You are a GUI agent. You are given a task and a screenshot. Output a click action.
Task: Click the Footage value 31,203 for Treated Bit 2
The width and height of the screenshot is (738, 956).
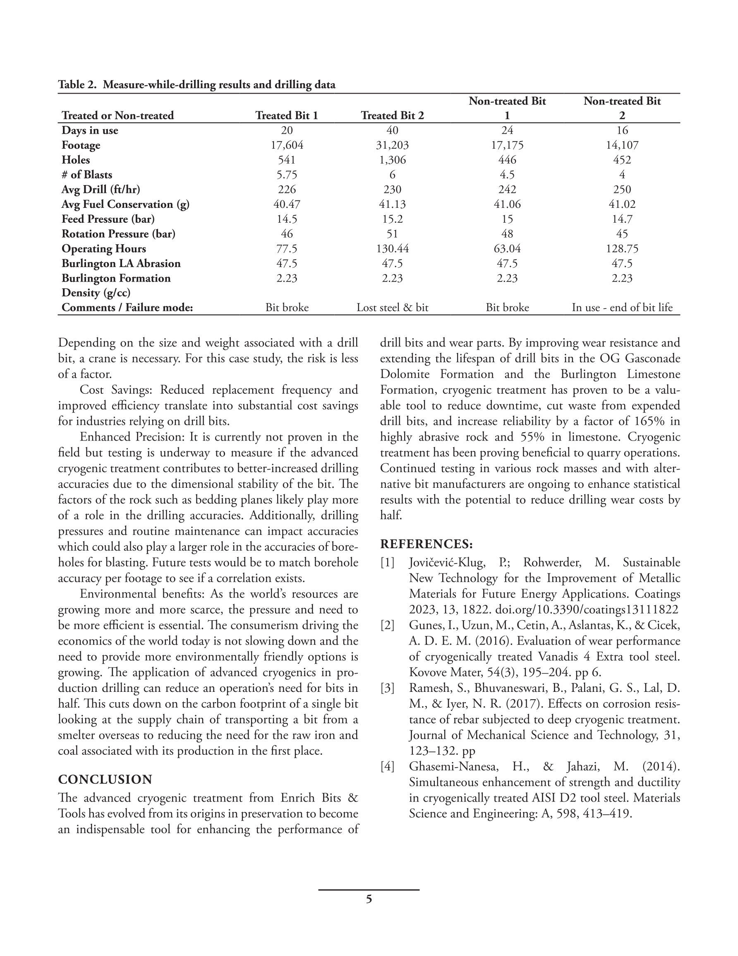tap(392, 145)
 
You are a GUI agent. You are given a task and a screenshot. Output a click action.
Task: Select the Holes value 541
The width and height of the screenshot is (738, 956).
tap(287, 160)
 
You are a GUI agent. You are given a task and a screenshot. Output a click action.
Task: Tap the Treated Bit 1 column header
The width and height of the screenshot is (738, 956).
tap(287, 116)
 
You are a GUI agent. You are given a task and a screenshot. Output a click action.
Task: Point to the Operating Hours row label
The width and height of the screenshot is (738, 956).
tap(104, 249)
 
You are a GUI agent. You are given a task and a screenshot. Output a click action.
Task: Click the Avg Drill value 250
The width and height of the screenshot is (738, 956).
tap(622, 190)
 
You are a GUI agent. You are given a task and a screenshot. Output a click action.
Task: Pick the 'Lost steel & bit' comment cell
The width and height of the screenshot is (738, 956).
tap(392, 308)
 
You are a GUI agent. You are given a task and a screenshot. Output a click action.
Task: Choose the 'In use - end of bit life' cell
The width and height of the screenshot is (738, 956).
tap(622, 308)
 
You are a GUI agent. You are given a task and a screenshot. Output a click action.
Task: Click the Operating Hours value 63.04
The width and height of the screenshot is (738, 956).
tap(507, 249)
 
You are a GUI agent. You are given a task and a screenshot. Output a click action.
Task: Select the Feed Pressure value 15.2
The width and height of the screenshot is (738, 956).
tap(392, 219)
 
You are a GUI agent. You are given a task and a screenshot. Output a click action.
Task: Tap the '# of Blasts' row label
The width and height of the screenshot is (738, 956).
tap(86, 175)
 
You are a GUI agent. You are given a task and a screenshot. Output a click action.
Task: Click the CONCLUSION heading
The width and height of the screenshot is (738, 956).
tap(105, 780)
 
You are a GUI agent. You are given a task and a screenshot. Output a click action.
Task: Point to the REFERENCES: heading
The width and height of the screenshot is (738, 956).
tap(426, 544)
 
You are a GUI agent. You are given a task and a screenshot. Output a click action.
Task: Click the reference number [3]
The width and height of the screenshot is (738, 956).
tap(387, 688)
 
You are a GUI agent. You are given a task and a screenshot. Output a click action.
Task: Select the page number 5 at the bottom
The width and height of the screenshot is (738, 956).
tap(369, 900)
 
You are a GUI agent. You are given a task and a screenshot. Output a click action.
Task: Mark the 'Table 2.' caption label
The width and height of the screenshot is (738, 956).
tap(77, 85)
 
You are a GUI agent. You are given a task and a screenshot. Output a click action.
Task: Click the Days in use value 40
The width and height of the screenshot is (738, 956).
tap(392, 130)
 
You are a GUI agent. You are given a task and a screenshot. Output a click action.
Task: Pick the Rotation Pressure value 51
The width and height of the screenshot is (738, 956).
tap(392, 234)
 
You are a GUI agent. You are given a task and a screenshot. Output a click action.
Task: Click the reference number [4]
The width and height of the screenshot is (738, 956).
tap(387, 766)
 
